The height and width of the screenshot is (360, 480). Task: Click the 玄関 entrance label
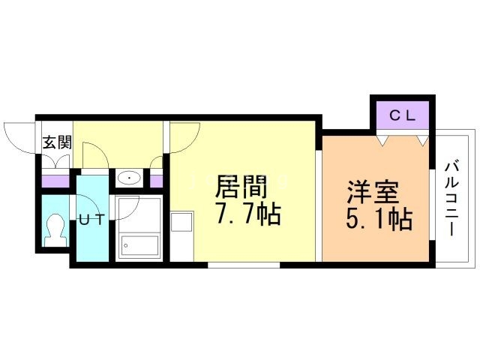[x=56, y=142]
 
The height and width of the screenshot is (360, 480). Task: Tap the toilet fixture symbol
[x=55, y=227]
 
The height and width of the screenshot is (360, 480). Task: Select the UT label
[x=91, y=220]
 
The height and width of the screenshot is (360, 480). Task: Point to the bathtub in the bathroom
[x=139, y=244]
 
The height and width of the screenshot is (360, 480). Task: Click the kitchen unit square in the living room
[x=181, y=223]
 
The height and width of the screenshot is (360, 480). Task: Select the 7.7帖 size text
[x=247, y=216]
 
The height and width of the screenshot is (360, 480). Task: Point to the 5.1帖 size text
[x=379, y=220]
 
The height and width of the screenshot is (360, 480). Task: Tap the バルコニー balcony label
[x=451, y=196]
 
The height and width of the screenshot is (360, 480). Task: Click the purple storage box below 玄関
[x=55, y=181]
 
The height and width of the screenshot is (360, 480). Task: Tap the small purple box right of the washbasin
[x=156, y=179]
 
